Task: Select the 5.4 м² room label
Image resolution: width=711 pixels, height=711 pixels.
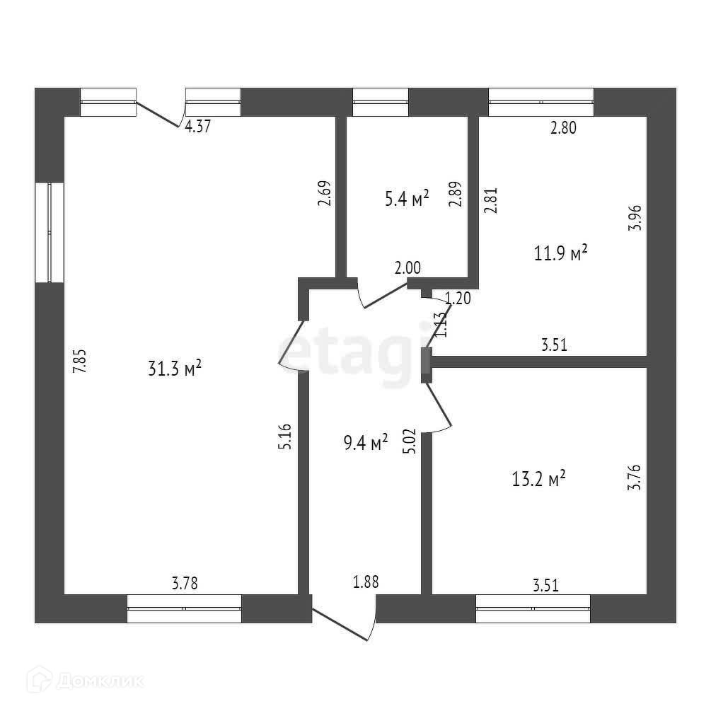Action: click(x=407, y=199)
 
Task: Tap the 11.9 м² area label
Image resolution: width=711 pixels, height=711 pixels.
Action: click(x=561, y=253)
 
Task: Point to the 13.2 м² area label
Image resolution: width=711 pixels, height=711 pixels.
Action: click(x=538, y=480)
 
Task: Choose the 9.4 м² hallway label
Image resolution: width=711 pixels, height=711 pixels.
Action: click(x=364, y=444)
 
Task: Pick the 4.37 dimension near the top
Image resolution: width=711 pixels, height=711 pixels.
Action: click(x=197, y=128)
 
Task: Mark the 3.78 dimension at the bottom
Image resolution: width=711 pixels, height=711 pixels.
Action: click(x=185, y=584)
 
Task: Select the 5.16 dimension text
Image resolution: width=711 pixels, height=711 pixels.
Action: click(x=285, y=437)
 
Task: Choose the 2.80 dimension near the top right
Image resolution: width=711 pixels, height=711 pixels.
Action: click(x=563, y=128)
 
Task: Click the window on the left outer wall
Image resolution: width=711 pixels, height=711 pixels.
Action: click(x=50, y=233)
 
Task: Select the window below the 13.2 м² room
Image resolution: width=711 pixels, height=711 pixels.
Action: click(x=533, y=608)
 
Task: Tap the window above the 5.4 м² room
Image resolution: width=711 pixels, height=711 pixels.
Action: click(x=381, y=102)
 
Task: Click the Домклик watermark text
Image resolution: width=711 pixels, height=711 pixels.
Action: click(x=92, y=682)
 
